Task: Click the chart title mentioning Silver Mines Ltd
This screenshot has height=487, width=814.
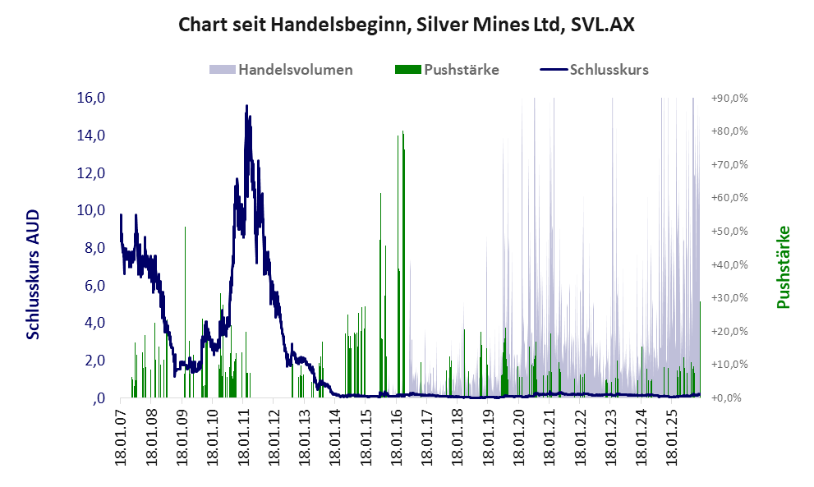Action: pos(407,25)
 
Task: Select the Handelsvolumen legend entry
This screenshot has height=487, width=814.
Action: pos(296,69)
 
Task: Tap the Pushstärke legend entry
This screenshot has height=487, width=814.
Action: pos(462,69)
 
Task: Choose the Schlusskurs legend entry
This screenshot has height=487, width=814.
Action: pos(609,69)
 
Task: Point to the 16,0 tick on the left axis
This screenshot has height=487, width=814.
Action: pos(90,98)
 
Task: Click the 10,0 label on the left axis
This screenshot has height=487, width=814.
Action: pos(90,210)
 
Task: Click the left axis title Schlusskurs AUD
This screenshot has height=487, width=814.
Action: pos(34,273)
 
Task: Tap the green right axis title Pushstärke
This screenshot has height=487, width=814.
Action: pos(783,268)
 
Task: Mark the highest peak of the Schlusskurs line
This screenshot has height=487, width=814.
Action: pos(246,106)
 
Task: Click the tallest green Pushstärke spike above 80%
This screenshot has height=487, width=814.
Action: pos(402,133)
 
